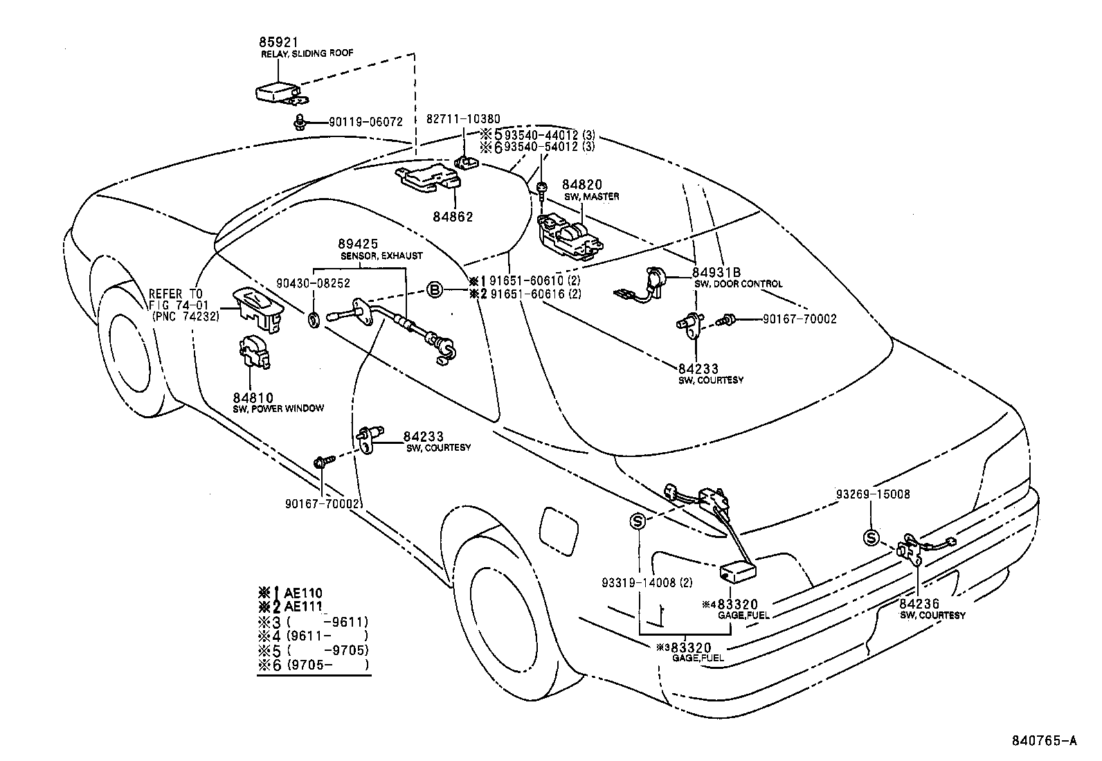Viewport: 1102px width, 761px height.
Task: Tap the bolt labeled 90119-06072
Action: click(x=302, y=122)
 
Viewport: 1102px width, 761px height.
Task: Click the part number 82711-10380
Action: click(x=462, y=119)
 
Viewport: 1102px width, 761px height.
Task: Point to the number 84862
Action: click(x=454, y=217)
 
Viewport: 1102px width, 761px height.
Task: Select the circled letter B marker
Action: click(x=434, y=289)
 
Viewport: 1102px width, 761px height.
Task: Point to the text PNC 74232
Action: click(x=186, y=316)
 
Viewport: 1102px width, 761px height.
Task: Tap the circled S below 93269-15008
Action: click(x=871, y=538)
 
